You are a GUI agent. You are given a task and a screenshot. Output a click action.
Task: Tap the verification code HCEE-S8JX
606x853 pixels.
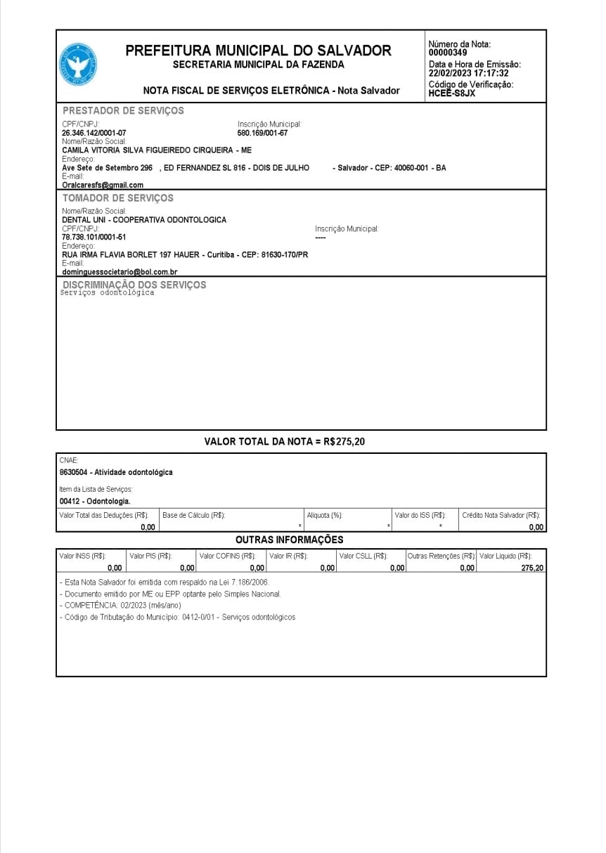(451, 93)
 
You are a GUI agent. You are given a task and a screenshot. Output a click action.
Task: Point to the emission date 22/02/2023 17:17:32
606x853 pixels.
(468, 73)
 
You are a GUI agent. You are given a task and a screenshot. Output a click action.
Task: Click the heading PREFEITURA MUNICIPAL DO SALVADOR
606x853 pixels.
(258, 51)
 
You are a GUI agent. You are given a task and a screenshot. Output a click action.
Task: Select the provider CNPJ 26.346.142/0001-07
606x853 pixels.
(94, 133)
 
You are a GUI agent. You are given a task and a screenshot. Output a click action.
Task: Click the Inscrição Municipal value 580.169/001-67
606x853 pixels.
(262, 133)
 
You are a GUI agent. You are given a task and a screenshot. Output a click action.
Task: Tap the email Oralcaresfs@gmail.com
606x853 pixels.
(103, 185)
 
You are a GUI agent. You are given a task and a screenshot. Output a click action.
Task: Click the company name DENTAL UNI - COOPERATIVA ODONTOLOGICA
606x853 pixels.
(144, 220)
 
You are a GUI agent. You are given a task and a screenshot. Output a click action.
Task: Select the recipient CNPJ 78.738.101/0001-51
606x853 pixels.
(94, 237)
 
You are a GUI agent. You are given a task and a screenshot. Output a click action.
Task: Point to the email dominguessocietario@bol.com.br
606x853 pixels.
(120, 272)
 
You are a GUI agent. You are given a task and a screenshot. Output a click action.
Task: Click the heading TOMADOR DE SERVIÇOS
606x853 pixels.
(117, 198)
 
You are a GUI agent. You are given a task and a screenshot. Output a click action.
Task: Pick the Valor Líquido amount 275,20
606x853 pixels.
(532, 568)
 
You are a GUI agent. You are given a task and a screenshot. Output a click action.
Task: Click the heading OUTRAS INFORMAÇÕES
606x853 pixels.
(289, 540)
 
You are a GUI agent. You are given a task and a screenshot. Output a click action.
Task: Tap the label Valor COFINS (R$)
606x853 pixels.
(227, 556)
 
